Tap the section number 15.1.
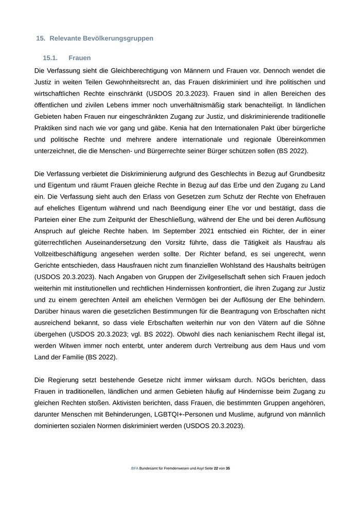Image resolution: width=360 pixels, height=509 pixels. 50,58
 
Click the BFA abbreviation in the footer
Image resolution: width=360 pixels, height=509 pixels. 135,469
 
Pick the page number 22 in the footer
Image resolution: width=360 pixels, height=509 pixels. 216,469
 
